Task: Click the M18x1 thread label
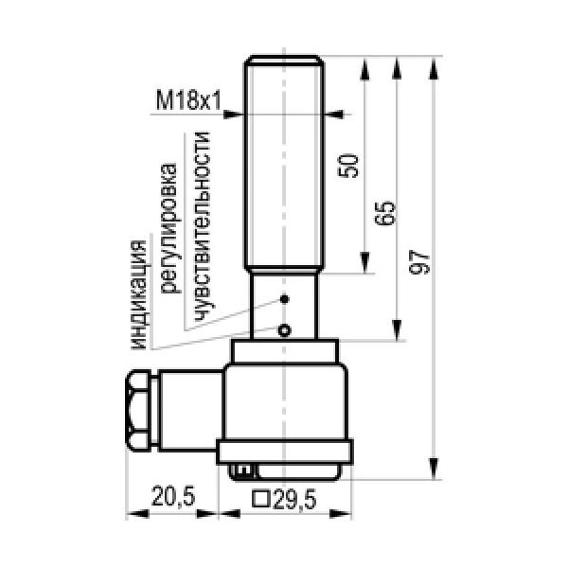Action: [188, 100]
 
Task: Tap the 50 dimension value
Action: [348, 166]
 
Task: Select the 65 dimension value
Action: [384, 213]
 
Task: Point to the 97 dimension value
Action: [419, 261]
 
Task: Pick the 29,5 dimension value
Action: [295, 499]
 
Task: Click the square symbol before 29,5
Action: [261, 499]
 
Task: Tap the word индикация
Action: [140, 294]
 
